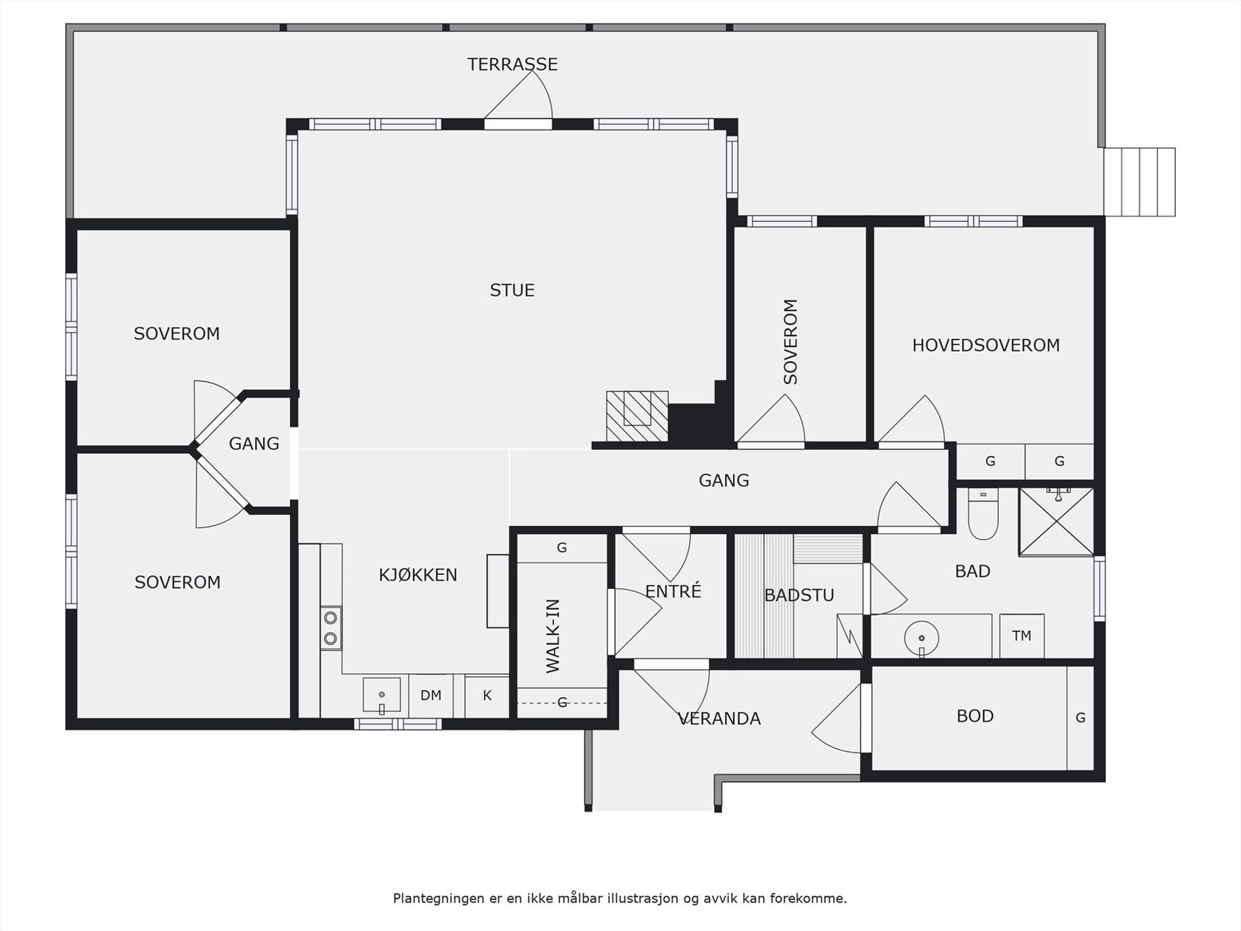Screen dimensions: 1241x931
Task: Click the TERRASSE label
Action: (512, 64)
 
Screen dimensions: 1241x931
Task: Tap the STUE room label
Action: (512, 290)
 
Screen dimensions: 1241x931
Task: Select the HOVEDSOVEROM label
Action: (986, 345)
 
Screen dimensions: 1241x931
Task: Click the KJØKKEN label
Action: (418, 575)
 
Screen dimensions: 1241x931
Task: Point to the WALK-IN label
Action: (552, 636)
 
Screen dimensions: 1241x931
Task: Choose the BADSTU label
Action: (799, 595)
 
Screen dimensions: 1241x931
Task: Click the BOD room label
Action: (975, 716)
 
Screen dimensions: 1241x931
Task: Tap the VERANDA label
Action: (719, 718)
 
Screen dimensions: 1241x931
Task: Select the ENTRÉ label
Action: (672, 591)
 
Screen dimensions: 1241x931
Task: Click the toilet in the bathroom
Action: (983, 514)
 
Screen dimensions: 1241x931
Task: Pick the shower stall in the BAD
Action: (1056, 521)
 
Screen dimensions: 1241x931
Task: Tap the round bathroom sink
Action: (921, 639)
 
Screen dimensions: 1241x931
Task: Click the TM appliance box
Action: (1021, 636)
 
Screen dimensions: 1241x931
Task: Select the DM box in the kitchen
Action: (430, 695)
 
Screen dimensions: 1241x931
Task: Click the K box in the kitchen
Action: (487, 695)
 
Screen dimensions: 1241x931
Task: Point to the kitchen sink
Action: (382, 695)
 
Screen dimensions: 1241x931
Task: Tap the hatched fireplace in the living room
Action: (638, 416)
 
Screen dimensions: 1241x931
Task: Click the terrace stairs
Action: (1140, 182)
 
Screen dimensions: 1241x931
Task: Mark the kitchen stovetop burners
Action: (330, 628)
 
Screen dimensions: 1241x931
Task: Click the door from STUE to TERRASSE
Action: (518, 123)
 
